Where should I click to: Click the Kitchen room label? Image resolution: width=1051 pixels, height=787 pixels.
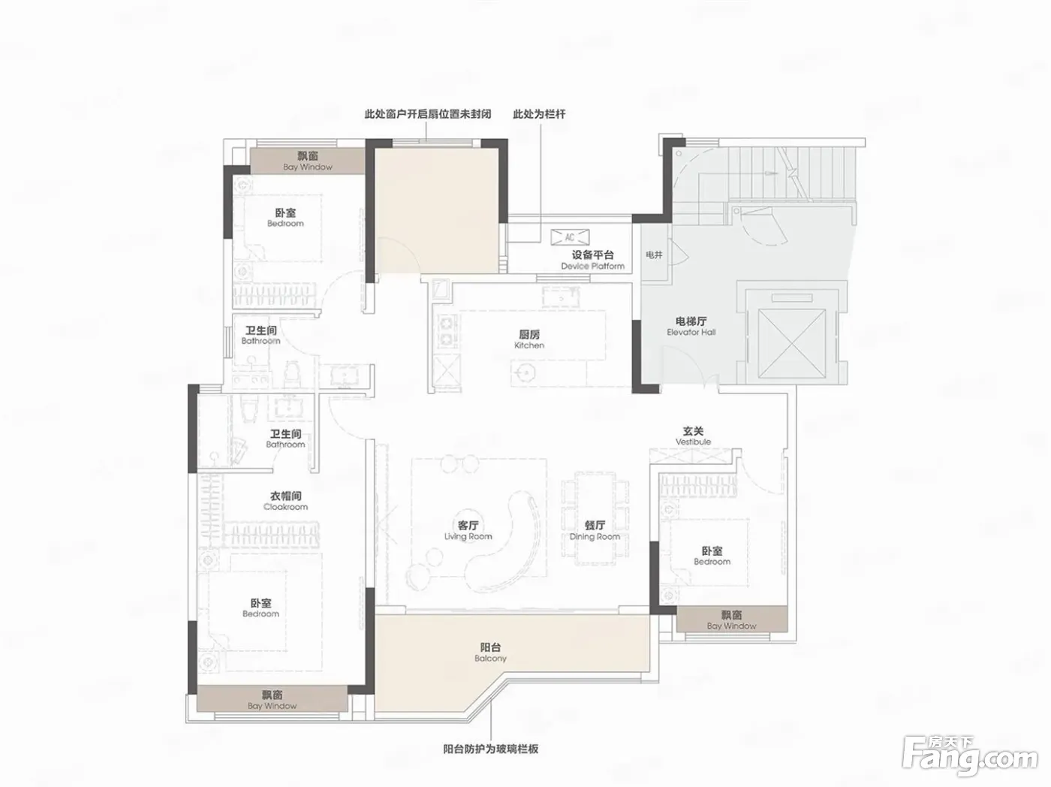tap(529, 339)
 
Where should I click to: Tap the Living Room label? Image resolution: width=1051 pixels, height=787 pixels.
tap(468, 531)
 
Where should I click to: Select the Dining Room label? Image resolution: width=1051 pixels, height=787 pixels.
tap(595, 531)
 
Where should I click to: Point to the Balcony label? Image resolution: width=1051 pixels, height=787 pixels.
tap(490, 653)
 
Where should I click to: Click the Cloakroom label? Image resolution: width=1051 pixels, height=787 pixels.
tap(285, 501)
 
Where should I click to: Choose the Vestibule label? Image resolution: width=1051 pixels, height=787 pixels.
tap(693, 436)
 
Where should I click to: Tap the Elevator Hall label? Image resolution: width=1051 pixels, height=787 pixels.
tap(691, 326)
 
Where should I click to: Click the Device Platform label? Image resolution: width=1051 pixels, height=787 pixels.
tap(593, 260)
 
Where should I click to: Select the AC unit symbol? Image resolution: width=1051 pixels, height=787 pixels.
tap(570, 237)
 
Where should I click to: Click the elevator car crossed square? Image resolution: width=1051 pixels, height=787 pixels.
tap(793, 343)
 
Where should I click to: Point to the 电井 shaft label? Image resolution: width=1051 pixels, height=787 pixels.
tap(654, 255)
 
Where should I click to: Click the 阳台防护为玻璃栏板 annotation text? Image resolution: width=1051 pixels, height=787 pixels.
tap(491, 749)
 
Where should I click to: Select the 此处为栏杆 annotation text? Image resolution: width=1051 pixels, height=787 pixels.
tap(539, 114)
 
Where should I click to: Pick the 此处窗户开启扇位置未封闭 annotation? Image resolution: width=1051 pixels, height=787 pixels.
tap(428, 114)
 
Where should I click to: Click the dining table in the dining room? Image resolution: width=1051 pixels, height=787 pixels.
tap(595, 519)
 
